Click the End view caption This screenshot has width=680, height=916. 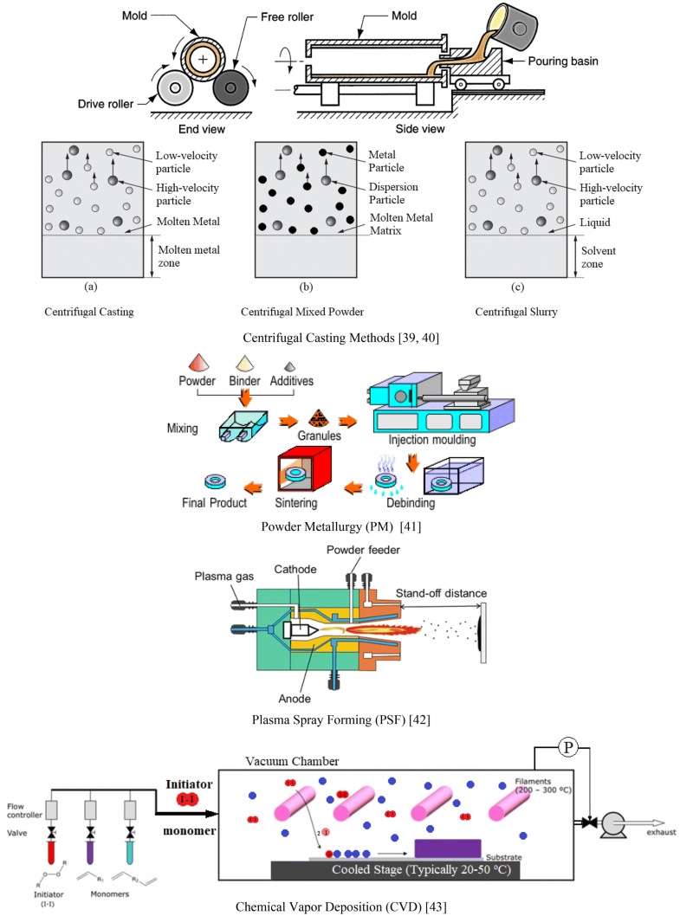202,129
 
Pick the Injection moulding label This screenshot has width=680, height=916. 426,440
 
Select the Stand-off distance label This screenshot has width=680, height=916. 441,593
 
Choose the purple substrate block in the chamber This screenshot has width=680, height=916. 449,847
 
